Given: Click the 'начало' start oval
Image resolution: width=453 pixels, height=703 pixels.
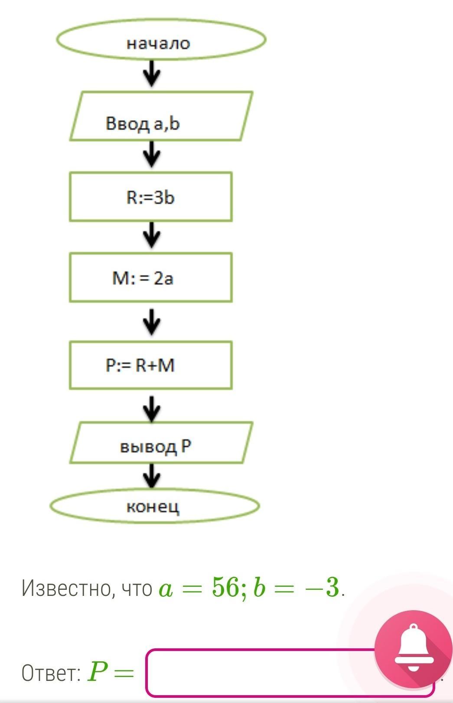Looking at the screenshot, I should (160, 41).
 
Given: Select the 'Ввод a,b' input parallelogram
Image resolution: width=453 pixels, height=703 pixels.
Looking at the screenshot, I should (161, 116).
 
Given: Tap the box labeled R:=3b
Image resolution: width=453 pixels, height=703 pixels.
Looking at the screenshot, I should (150, 196).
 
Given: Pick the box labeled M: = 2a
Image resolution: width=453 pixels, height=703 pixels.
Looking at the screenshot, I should (150, 278).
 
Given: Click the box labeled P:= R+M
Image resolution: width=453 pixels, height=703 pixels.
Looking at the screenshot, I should (150, 365).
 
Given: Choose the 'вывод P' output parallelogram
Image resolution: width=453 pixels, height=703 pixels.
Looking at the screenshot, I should (161, 442).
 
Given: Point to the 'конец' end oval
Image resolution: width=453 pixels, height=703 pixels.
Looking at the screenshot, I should (154, 506).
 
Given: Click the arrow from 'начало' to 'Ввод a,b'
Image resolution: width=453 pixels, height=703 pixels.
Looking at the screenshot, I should (152, 73).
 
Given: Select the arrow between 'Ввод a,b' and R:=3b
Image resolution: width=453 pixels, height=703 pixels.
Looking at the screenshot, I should (152, 155).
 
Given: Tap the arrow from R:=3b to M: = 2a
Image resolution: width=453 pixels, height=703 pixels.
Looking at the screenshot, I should (152, 235).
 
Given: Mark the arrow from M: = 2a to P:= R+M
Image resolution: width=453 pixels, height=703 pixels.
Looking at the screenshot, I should (152, 322).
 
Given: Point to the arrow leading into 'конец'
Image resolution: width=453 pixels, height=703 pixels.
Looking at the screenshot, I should (152, 476).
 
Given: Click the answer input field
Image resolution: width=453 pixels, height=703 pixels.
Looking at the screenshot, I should (260, 673).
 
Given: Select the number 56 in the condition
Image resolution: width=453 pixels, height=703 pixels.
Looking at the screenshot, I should (225, 588).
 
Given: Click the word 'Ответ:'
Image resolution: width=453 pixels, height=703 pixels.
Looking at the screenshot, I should (51, 673).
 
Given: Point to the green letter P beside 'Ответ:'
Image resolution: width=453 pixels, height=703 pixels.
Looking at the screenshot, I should (97, 672).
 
